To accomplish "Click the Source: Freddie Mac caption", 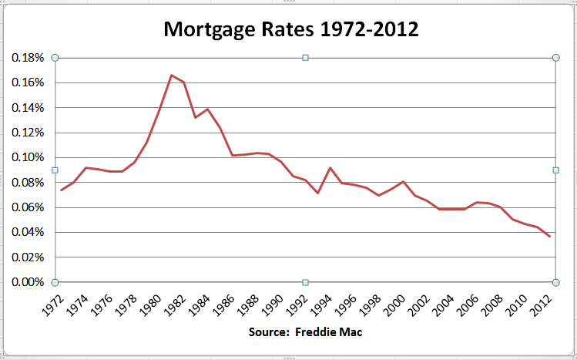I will pos(305,333).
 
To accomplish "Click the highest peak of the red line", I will pos(171,75).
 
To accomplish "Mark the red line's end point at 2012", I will pos(550,237).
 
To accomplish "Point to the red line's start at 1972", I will pos(61,190).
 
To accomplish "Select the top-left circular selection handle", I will pos(55,58).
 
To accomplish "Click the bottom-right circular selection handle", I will pos(555,282).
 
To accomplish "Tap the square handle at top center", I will pos(305,58).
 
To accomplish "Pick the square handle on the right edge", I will pos(555,170).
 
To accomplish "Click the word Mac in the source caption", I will pos(351,333).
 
